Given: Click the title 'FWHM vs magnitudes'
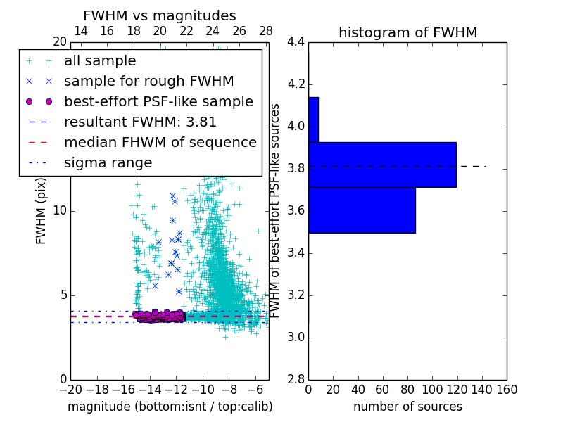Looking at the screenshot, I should pos(160,16).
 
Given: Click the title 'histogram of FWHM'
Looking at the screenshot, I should pos(407,32).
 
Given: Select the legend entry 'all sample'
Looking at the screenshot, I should pos(100,61).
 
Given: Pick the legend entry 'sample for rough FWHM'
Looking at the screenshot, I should pos(148,81).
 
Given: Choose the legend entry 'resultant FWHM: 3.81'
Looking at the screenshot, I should pos(140,122).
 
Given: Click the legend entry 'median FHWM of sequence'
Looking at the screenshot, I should pos(160,142).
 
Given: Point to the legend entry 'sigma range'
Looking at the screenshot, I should pos(108,162).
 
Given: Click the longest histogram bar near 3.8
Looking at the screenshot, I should pos(382,165).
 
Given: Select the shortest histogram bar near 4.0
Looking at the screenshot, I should pos(313,120).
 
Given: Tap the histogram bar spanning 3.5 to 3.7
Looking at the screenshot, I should pos(362,210).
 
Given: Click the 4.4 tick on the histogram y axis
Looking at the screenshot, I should pos(296,42).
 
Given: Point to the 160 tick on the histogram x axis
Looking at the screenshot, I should pos(507,390).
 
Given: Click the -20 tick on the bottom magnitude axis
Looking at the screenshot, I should pos(70,390).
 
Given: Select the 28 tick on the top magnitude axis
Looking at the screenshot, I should pos(266,31).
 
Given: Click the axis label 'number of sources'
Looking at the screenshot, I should pos(407,407).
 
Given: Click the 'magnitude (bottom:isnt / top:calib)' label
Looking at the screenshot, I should pos(170,407).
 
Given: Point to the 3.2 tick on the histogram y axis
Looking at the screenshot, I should pos(296,295).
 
